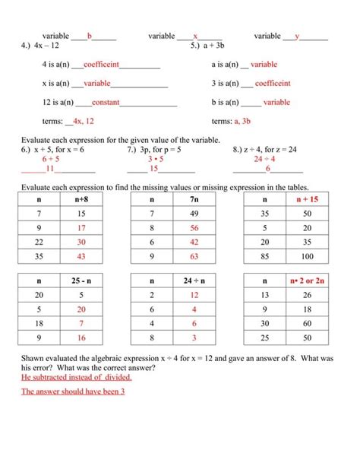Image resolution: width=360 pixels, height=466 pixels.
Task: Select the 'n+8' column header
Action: [x=82, y=198]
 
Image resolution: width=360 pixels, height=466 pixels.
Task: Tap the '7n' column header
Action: [x=194, y=198]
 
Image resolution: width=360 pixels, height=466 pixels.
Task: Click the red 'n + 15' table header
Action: [x=306, y=198]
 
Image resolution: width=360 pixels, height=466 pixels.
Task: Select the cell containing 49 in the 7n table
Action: [x=194, y=214]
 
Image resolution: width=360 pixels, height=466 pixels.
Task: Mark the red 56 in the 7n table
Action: [x=194, y=228]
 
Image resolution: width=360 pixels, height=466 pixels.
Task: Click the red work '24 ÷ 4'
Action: [x=265, y=159]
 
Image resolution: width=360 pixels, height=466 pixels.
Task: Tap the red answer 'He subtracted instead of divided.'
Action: [x=71, y=376]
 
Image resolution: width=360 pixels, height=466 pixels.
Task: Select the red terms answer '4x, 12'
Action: [x=81, y=121]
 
